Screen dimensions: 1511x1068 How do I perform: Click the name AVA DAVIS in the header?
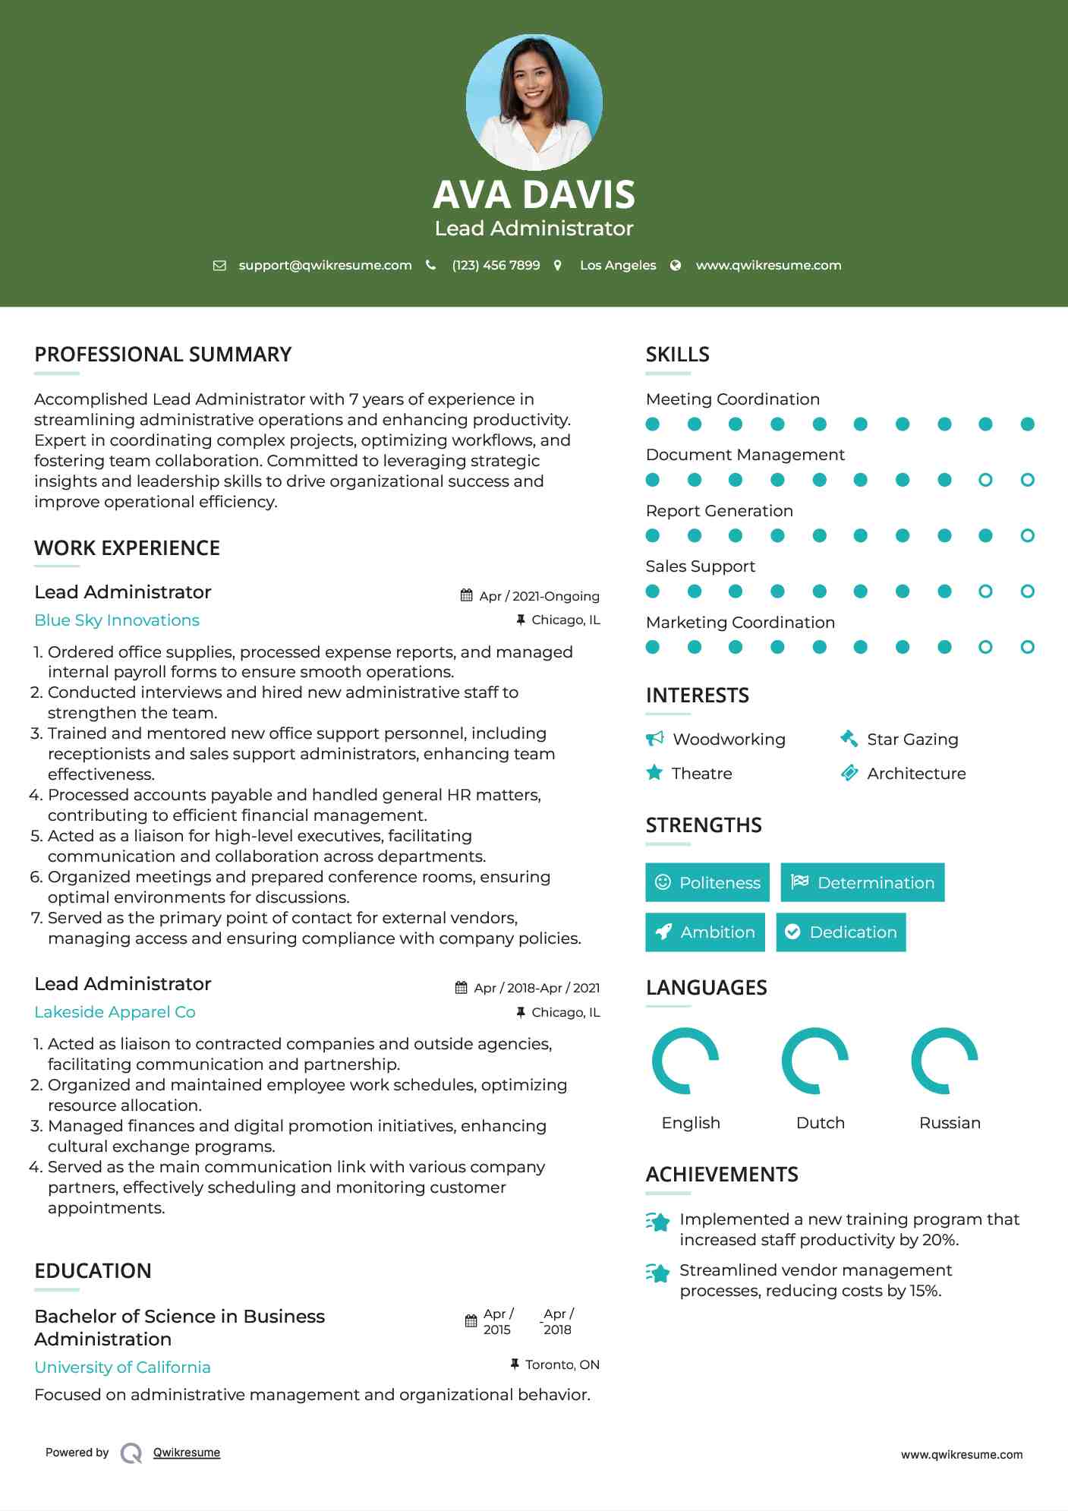[x=534, y=194]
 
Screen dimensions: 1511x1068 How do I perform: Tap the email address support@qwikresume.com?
[x=325, y=265]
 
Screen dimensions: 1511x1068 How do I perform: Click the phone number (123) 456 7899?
[x=496, y=265]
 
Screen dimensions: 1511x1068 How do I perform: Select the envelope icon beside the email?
[x=219, y=265]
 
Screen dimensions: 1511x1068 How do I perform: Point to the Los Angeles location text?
[x=618, y=265]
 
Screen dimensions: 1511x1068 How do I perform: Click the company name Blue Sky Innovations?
[x=117, y=620]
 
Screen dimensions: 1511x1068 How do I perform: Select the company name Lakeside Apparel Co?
[x=115, y=1012]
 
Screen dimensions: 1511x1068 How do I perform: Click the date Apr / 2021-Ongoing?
[x=539, y=596]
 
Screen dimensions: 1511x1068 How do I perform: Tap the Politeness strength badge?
[x=707, y=882]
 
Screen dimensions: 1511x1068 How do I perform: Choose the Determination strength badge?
[x=862, y=882]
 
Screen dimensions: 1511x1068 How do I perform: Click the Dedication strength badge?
[x=841, y=932]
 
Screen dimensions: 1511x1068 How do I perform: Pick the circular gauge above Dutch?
[x=815, y=1061]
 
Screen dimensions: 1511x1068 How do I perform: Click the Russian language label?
[x=950, y=1122]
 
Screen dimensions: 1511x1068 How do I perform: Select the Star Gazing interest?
[x=912, y=739]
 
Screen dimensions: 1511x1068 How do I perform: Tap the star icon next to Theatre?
[x=654, y=773]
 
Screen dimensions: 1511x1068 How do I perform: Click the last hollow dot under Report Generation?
[x=1027, y=535]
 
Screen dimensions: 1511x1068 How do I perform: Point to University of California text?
[x=122, y=1367]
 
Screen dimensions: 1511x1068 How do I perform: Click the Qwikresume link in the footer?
[x=187, y=1453]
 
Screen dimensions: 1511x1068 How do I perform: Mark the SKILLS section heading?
[x=677, y=355]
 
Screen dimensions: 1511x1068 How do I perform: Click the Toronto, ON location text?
[x=562, y=1364]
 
